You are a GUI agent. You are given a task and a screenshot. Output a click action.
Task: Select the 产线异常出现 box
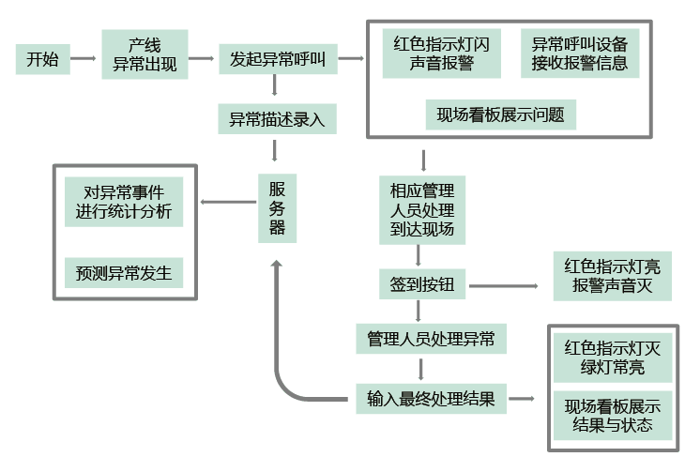pyautogui.click(x=145, y=55)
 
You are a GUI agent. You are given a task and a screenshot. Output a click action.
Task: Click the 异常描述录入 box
pyautogui.click(x=276, y=119)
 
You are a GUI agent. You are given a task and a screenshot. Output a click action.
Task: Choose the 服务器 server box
pyautogui.click(x=277, y=206)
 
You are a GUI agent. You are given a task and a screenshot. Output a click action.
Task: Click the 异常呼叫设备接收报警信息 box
pyautogui.click(x=579, y=53)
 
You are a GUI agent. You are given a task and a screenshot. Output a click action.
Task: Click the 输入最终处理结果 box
pyautogui.click(x=432, y=398)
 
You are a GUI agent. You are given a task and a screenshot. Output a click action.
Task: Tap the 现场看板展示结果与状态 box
pyautogui.click(x=612, y=417)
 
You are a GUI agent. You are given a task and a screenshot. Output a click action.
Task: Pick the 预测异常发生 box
pyautogui.click(x=124, y=273)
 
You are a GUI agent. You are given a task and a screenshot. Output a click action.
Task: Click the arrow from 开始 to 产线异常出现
pyautogui.click(x=84, y=60)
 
